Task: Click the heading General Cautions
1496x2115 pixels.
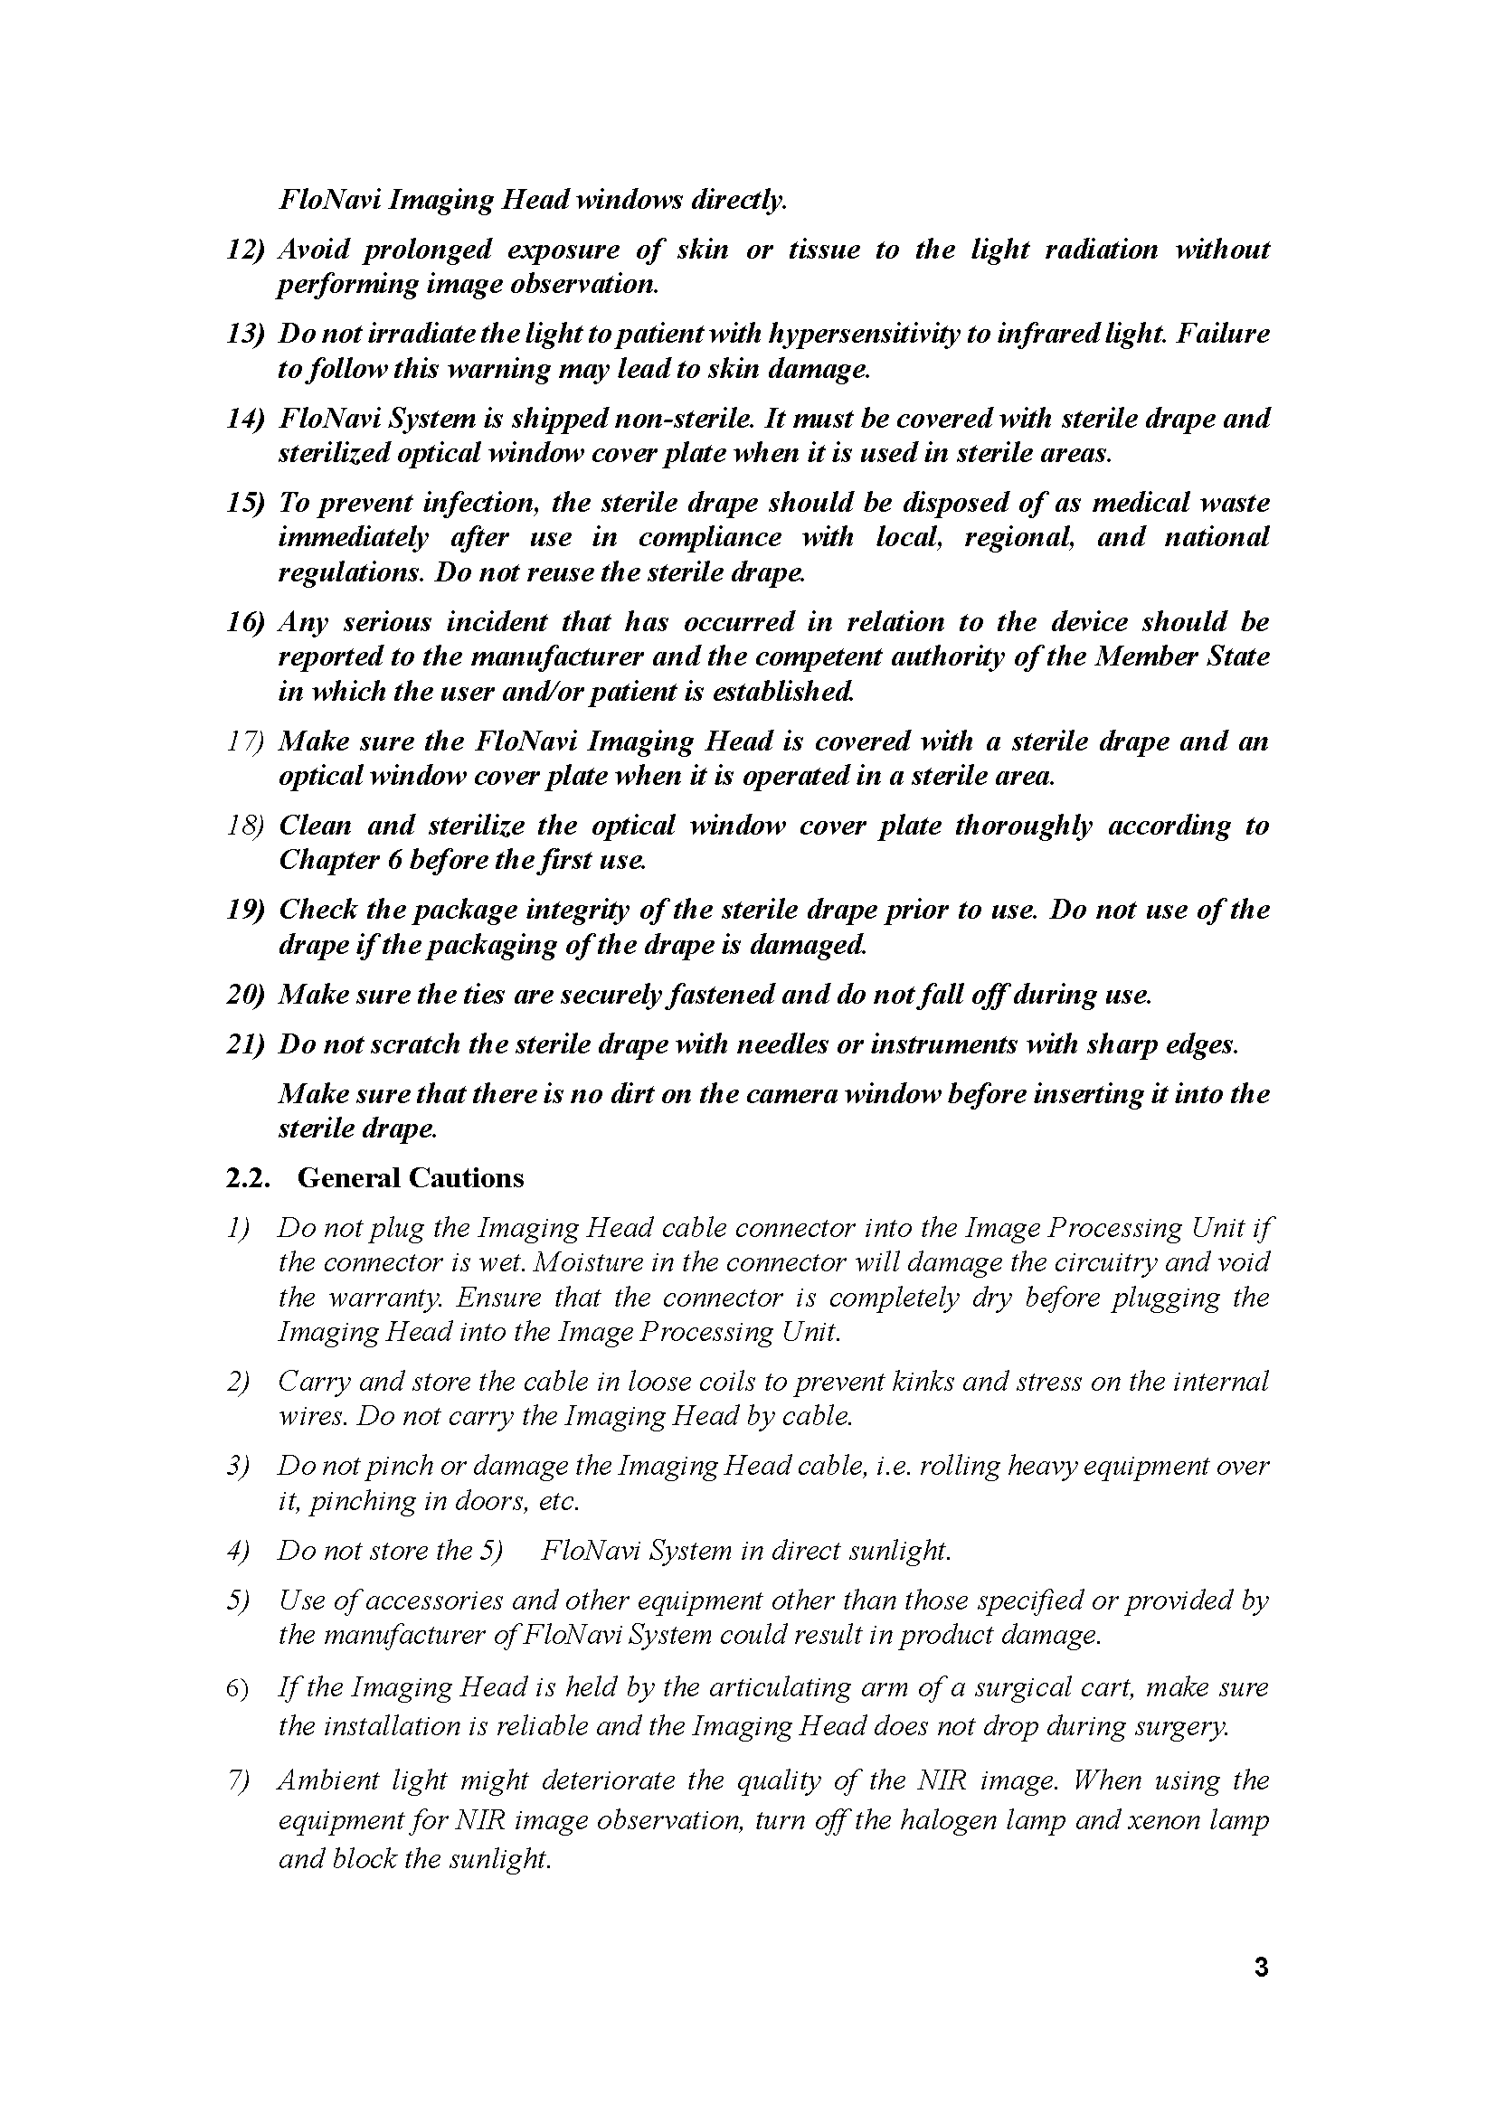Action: pos(410,1177)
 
